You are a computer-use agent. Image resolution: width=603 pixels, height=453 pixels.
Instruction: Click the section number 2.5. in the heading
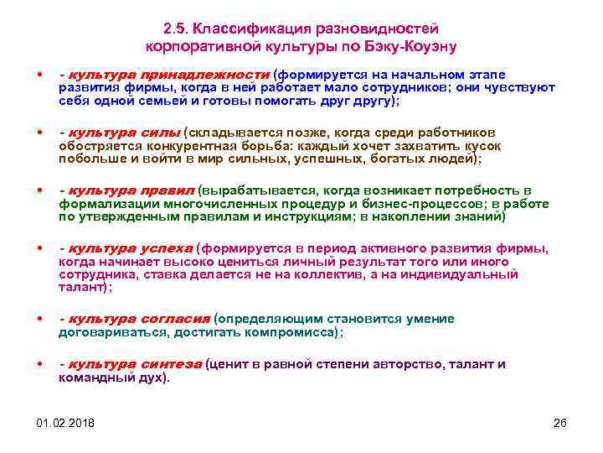tap(178, 31)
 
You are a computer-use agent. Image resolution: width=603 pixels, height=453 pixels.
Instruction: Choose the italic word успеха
tap(166, 248)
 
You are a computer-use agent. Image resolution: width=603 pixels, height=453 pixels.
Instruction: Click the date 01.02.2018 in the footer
tap(66, 422)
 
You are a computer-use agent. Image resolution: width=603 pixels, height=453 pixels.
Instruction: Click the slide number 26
tap(560, 422)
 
